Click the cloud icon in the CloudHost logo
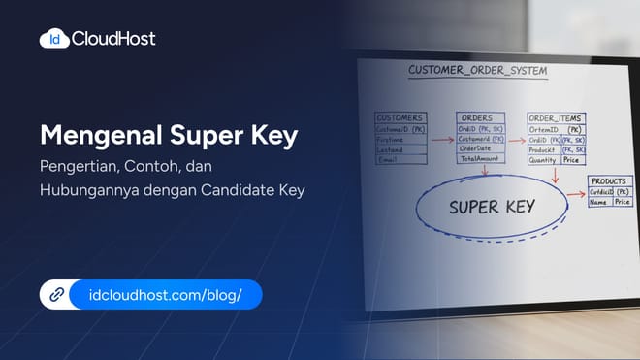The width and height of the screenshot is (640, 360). [53, 39]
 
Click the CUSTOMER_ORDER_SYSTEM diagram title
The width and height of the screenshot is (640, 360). [476, 71]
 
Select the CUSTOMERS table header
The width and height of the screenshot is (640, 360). [400, 116]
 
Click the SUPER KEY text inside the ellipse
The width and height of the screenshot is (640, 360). [492, 207]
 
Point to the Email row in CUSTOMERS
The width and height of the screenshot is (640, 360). [388, 159]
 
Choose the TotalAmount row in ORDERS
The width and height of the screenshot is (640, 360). [479, 158]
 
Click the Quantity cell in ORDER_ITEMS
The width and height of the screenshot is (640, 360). [543, 161]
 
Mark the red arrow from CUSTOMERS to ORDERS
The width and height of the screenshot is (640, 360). [441, 139]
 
